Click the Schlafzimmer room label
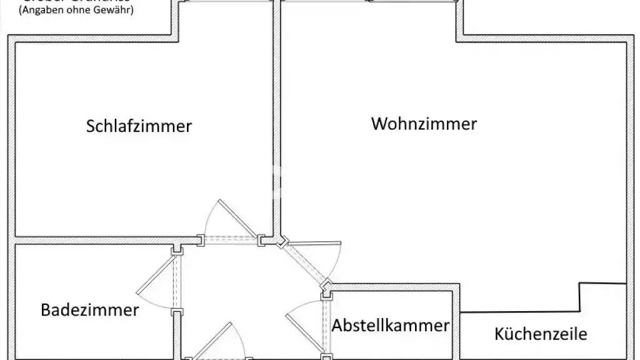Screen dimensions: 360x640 point(139,126)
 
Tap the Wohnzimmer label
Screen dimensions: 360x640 point(424,124)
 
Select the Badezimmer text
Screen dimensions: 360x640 point(90,310)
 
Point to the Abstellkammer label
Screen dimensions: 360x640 point(391,326)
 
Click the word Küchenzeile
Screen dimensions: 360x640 point(541,334)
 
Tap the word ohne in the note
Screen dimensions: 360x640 point(78,11)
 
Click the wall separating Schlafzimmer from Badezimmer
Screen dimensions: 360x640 point(94,240)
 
